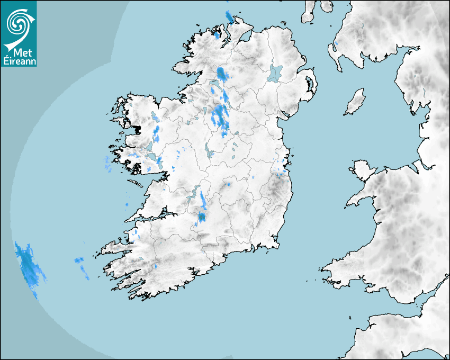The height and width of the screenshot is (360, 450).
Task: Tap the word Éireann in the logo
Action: coord(19,61)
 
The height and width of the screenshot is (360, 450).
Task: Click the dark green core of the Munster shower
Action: coord(201,217)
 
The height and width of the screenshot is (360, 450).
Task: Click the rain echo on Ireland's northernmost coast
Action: coord(229,17)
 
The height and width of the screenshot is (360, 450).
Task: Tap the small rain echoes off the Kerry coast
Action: coord(82,267)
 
